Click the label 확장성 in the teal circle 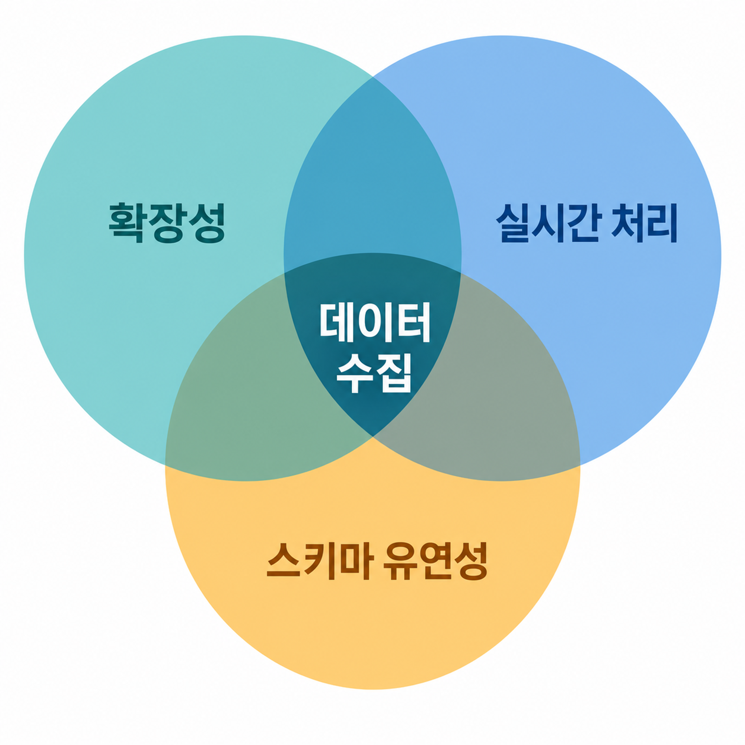(x=167, y=223)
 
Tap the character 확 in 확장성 (x=127, y=223)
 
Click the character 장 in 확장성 (x=167, y=223)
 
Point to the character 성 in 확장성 (x=207, y=223)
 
